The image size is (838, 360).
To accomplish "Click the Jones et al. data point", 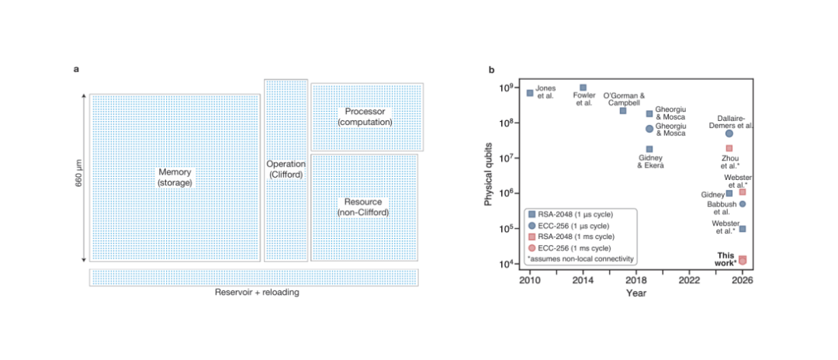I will tap(530, 93).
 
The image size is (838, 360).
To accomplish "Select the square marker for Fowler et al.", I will tap(583, 88).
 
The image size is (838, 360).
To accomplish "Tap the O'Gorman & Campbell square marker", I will tap(623, 111).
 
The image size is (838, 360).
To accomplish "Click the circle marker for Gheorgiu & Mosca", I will tap(649, 129).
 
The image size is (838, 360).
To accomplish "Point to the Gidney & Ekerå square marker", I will tap(649, 149).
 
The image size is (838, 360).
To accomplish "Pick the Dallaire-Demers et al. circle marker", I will tap(729, 133).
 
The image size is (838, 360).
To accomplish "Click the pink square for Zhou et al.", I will tap(729, 148).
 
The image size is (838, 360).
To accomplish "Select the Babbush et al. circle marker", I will tap(743, 204).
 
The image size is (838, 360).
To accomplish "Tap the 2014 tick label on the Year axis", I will tap(583, 280).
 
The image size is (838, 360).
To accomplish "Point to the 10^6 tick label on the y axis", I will tap(513, 193).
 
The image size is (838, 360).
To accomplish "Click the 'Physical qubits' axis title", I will tap(490, 178).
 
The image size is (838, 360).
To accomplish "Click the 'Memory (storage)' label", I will tap(175, 177).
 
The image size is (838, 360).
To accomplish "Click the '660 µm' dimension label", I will tap(78, 178).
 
